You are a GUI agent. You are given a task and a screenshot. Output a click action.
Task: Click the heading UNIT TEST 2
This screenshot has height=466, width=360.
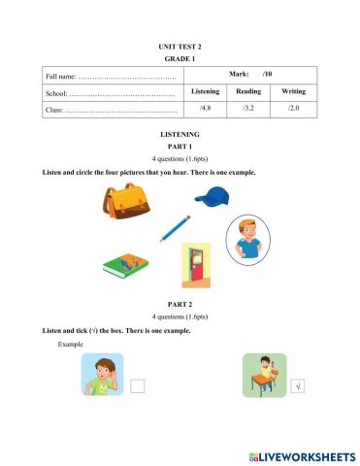point(180,46)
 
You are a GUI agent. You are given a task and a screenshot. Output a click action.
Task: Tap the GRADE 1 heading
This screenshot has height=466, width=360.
point(180,58)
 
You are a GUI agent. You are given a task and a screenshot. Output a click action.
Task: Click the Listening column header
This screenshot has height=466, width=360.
point(204,90)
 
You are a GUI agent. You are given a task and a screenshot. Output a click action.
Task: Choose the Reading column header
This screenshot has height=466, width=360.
point(248,90)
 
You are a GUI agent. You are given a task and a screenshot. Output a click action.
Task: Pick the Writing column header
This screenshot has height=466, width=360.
point(293,90)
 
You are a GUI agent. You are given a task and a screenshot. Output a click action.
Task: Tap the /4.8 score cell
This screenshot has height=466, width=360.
point(204,109)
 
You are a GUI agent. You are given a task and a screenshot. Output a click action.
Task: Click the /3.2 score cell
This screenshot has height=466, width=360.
point(248,109)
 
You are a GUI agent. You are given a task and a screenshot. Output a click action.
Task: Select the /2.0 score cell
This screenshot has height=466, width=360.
point(293,109)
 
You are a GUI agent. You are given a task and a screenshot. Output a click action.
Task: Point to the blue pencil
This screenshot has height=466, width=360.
point(175,228)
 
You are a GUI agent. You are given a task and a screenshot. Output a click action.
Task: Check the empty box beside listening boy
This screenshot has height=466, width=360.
point(137,385)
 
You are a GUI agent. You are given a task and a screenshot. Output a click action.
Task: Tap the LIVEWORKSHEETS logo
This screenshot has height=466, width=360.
point(302,454)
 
